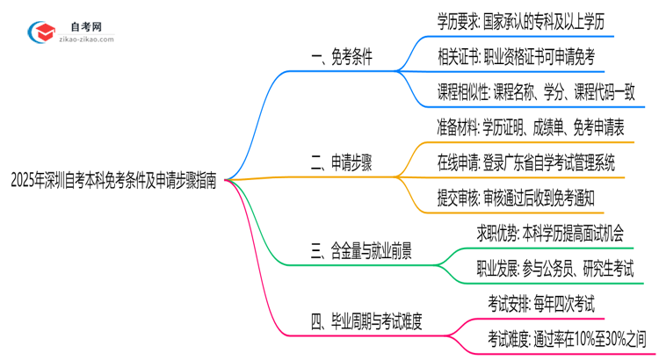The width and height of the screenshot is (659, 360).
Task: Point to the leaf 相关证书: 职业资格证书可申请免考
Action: (516, 58)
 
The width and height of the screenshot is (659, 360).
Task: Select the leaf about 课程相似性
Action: (536, 93)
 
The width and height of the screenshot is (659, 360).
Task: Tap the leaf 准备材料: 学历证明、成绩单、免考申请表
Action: (531, 128)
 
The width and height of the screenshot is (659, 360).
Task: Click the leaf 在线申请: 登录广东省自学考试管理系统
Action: (525, 163)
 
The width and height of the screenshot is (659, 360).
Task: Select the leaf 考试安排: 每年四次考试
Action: (541, 304)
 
